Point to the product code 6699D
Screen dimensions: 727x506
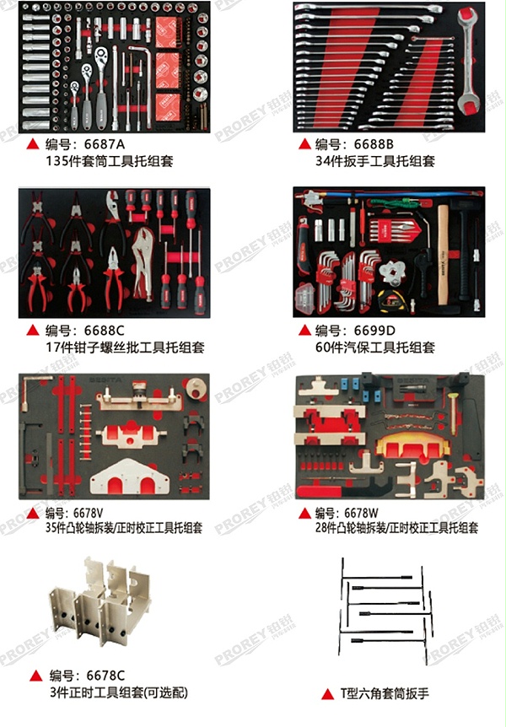[363, 330]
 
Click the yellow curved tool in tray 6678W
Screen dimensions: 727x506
[412, 444]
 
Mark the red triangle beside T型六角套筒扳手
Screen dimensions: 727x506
[327, 694]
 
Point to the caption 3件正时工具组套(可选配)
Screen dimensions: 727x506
[118, 692]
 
